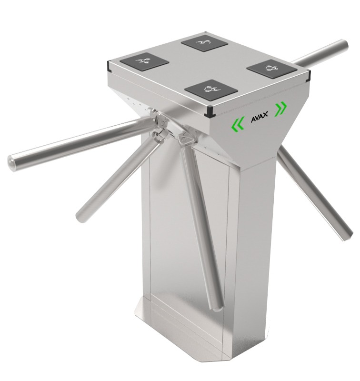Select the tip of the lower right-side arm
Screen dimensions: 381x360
(347, 234)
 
